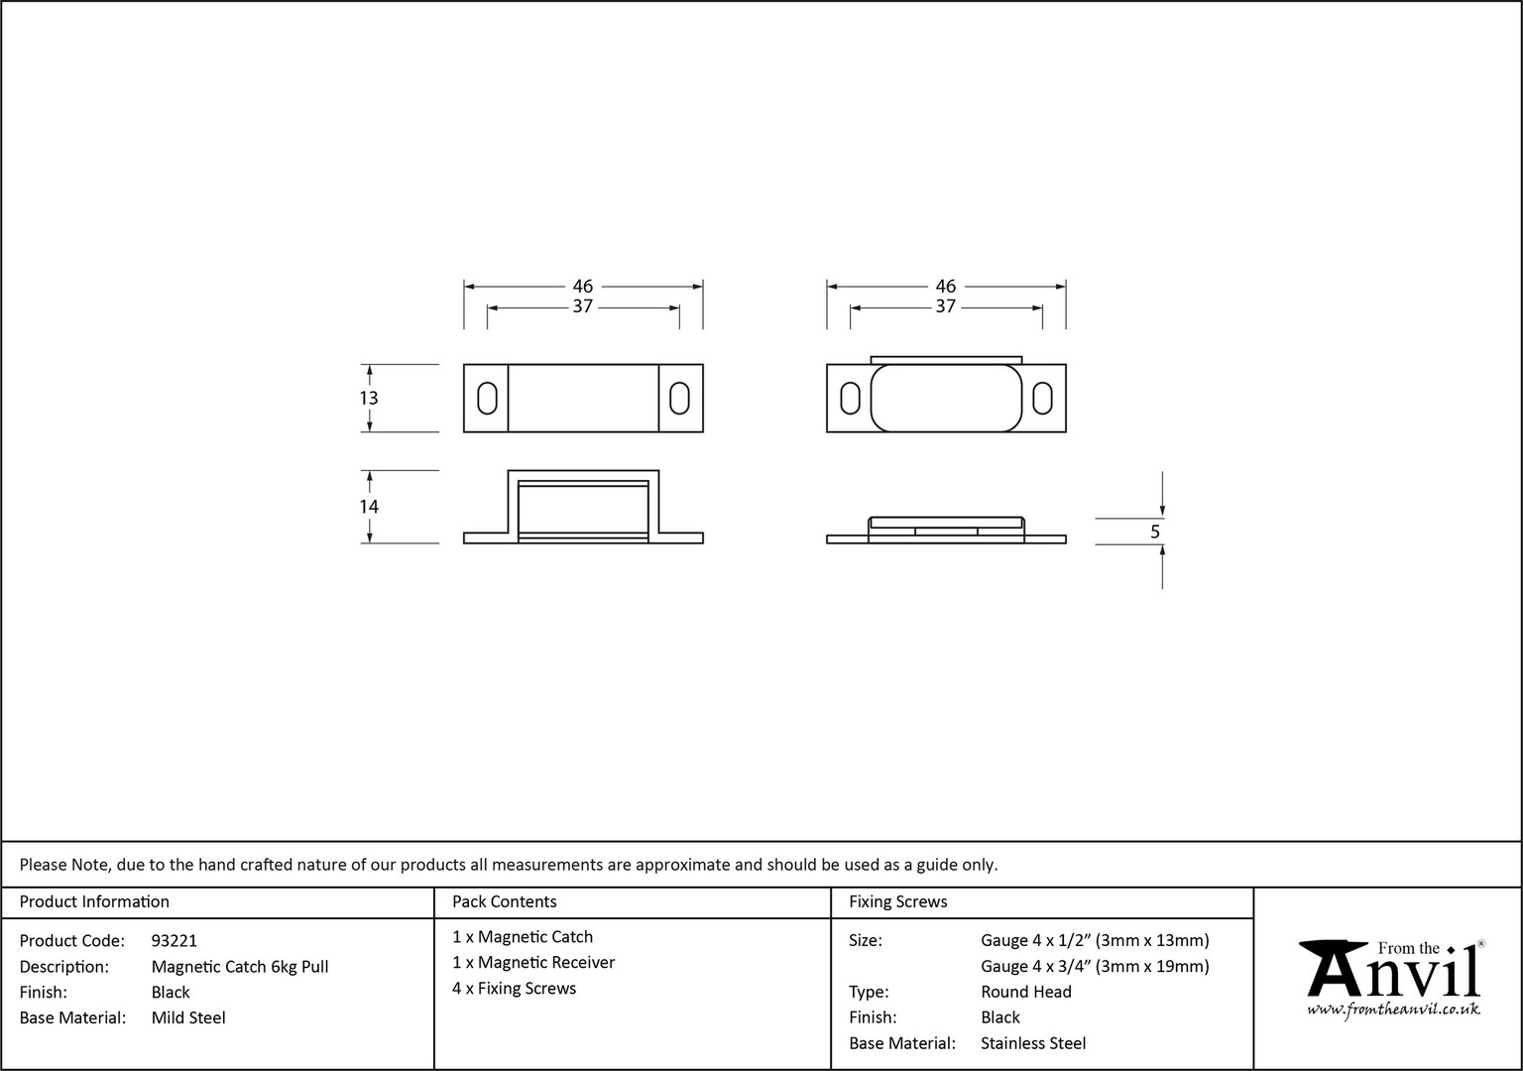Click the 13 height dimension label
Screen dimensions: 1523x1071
pos(369,398)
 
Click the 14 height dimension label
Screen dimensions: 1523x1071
pos(369,507)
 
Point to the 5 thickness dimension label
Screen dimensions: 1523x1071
pos(1154,532)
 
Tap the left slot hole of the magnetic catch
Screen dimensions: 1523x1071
pos(487,398)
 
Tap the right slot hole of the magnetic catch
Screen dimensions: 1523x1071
pos(679,398)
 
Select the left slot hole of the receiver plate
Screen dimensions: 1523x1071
pos(850,398)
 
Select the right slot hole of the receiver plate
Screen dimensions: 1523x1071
pos(1042,398)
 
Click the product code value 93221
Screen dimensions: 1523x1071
pos(175,941)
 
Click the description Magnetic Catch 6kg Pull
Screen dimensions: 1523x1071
pos(240,967)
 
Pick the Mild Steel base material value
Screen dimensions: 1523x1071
pos(188,1018)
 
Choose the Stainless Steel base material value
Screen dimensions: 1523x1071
pos(1033,1043)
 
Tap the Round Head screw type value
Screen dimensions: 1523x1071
pos(1026,992)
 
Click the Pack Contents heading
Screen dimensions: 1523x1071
pos(505,901)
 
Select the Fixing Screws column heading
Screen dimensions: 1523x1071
pos(898,901)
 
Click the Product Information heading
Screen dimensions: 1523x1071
pos(94,901)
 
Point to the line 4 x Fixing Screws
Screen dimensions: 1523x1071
pos(514,989)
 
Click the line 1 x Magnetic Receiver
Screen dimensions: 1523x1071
pos(533,963)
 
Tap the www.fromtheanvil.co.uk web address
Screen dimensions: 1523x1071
pos(1393,1010)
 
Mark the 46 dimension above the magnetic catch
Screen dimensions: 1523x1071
pos(583,287)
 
